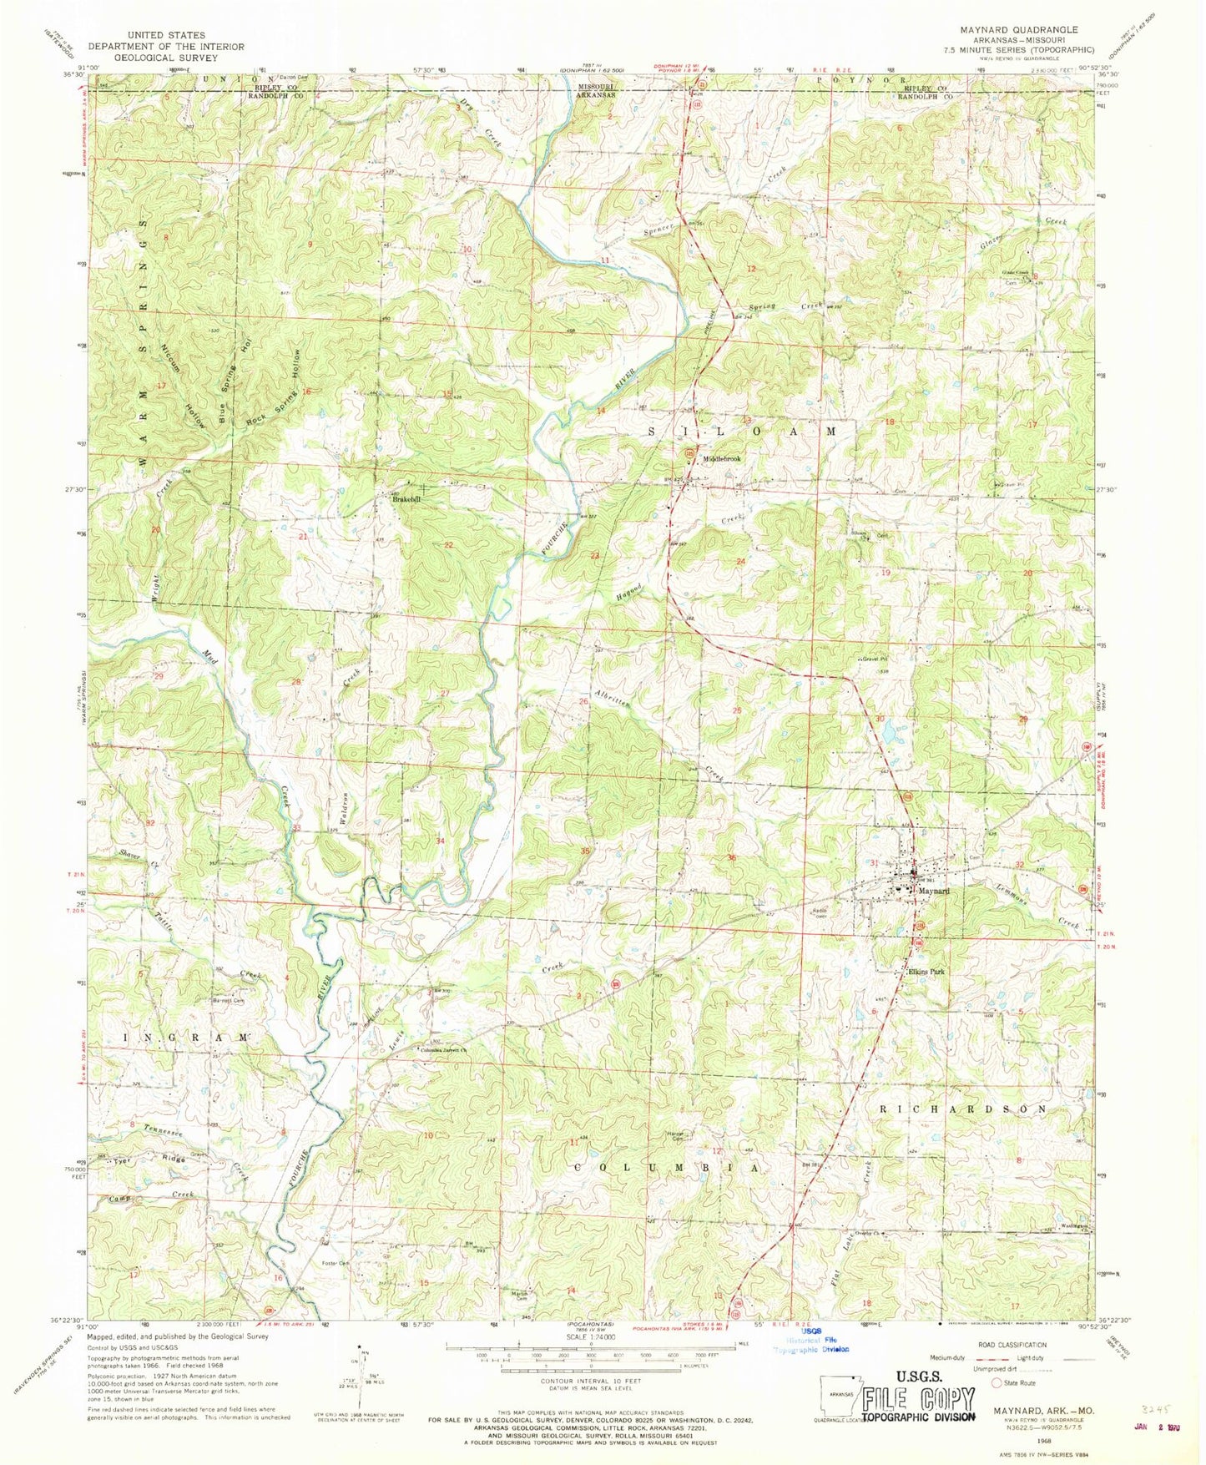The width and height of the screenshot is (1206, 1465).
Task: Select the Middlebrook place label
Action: coord(722,459)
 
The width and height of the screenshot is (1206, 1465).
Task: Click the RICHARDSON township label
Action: coord(962,1109)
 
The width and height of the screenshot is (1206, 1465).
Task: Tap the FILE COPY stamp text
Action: coord(918,1398)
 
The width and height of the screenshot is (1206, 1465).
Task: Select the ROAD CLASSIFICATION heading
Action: coord(1014,1345)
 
